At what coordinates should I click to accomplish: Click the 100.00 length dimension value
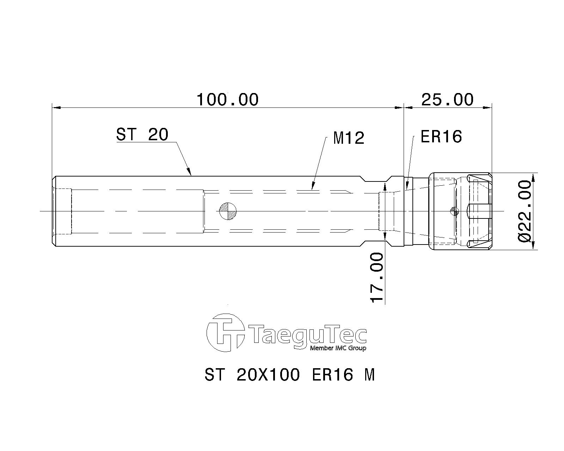pyautogui.click(x=227, y=100)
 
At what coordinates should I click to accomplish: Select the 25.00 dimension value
pyautogui.click(x=447, y=100)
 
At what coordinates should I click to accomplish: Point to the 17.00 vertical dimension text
pyautogui.click(x=376, y=277)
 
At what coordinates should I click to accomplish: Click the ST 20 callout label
pyautogui.click(x=142, y=134)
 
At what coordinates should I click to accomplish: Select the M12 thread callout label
pyautogui.click(x=348, y=138)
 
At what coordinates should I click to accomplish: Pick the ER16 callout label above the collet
pyautogui.click(x=441, y=136)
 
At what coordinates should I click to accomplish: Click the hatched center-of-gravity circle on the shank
pyautogui.click(x=228, y=211)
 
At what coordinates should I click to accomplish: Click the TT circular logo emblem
pyautogui.click(x=226, y=333)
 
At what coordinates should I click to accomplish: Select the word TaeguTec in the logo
pyautogui.click(x=307, y=334)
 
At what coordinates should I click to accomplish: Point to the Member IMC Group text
pyautogui.click(x=338, y=348)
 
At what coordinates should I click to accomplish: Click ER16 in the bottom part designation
pyautogui.click(x=332, y=375)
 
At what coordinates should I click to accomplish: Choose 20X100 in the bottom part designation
pyautogui.click(x=268, y=375)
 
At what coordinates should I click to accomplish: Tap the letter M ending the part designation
pyautogui.click(x=369, y=375)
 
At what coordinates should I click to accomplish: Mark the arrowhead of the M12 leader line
pyautogui.click(x=312, y=187)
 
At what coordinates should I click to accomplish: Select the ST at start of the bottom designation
pyautogui.click(x=214, y=375)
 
